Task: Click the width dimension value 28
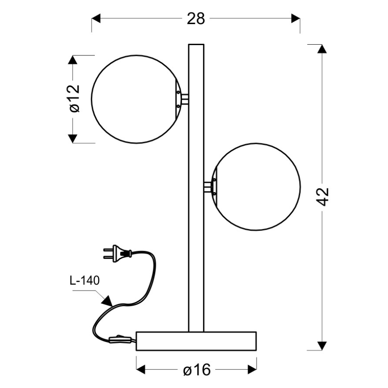click(x=195, y=18)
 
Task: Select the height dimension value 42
click(x=325, y=197)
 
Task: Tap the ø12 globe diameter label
click(x=74, y=98)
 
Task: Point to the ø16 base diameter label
click(x=197, y=370)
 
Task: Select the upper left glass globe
click(x=134, y=99)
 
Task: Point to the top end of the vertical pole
click(x=196, y=46)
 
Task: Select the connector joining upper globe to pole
click(x=183, y=99)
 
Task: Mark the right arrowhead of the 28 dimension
click(x=295, y=18)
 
